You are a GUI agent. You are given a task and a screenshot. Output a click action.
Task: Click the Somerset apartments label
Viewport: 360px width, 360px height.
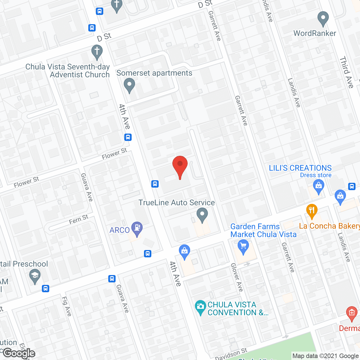(x=154, y=73)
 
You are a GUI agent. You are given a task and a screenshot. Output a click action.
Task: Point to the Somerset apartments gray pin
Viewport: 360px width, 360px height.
(x=129, y=85)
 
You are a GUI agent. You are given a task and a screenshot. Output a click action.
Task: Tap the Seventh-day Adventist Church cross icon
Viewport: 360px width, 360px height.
(x=97, y=52)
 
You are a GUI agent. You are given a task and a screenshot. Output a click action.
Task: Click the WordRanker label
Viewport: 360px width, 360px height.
(x=315, y=33)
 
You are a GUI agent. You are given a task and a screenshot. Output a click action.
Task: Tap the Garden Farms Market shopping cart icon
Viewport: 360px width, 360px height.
(x=243, y=246)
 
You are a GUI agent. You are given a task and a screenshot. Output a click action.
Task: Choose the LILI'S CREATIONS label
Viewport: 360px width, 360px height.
(x=300, y=168)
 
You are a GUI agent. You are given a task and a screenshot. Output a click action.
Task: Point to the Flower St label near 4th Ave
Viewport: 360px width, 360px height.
(x=114, y=154)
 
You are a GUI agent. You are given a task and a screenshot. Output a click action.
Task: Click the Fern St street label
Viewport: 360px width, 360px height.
(x=79, y=219)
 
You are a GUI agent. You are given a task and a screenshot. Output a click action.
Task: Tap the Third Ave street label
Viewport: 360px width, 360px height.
(x=346, y=72)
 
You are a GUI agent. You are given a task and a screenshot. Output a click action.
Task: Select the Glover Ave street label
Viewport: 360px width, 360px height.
(x=237, y=277)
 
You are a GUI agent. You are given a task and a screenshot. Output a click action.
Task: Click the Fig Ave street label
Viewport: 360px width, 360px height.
(x=67, y=306)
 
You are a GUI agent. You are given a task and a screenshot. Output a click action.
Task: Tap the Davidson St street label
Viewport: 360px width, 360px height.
(x=231, y=354)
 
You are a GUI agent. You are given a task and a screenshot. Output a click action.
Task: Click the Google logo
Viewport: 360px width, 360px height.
(x=19, y=353)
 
